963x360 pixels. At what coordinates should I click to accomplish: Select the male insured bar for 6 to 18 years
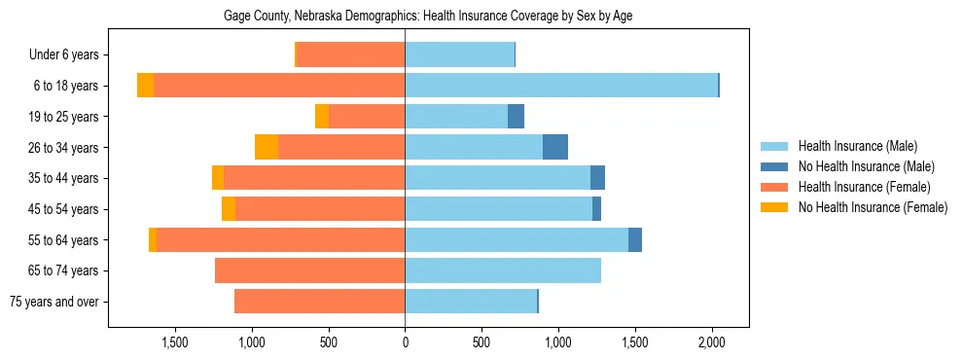point(561,86)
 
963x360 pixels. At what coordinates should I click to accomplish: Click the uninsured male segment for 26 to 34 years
point(555,147)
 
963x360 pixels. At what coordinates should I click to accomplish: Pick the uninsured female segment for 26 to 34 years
point(267,147)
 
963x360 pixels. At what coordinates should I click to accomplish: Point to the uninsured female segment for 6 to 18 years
point(145,86)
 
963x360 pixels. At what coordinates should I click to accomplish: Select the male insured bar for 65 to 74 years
point(503,270)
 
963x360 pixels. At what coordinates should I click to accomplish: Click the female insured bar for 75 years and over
point(319,302)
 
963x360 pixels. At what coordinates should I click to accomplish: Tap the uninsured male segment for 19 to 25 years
point(517,117)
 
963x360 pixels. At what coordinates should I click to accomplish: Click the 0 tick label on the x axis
point(405,342)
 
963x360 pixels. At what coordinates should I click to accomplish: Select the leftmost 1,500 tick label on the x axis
point(174,342)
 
